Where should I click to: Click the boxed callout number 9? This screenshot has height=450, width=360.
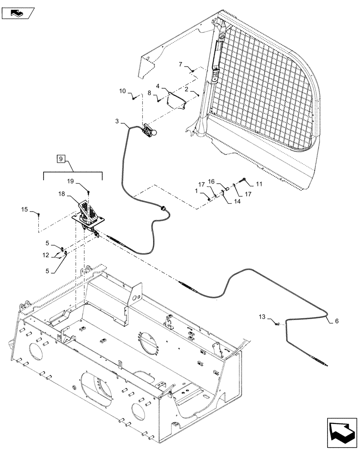coord(61,158)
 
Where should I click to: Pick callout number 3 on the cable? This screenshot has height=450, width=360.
coord(117,121)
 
